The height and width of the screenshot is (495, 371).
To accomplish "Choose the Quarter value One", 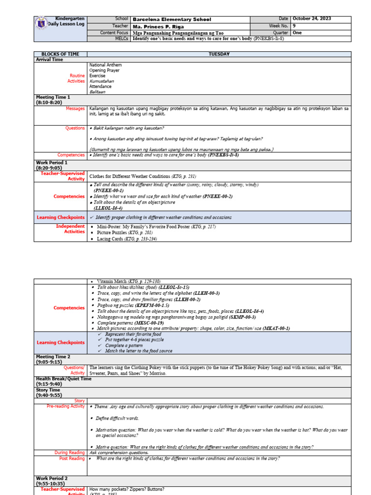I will (x=297, y=33).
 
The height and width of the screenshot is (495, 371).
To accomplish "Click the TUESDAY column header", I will (x=219, y=54).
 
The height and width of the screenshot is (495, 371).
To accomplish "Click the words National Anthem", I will (x=105, y=65).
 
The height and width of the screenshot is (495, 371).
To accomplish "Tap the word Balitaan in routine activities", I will (x=97, y=91).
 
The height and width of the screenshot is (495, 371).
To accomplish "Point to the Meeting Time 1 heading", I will (x=53, y=97).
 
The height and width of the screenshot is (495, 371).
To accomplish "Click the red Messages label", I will (x=75, y=108).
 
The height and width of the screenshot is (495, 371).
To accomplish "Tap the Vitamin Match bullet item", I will (x=128, y=281).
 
